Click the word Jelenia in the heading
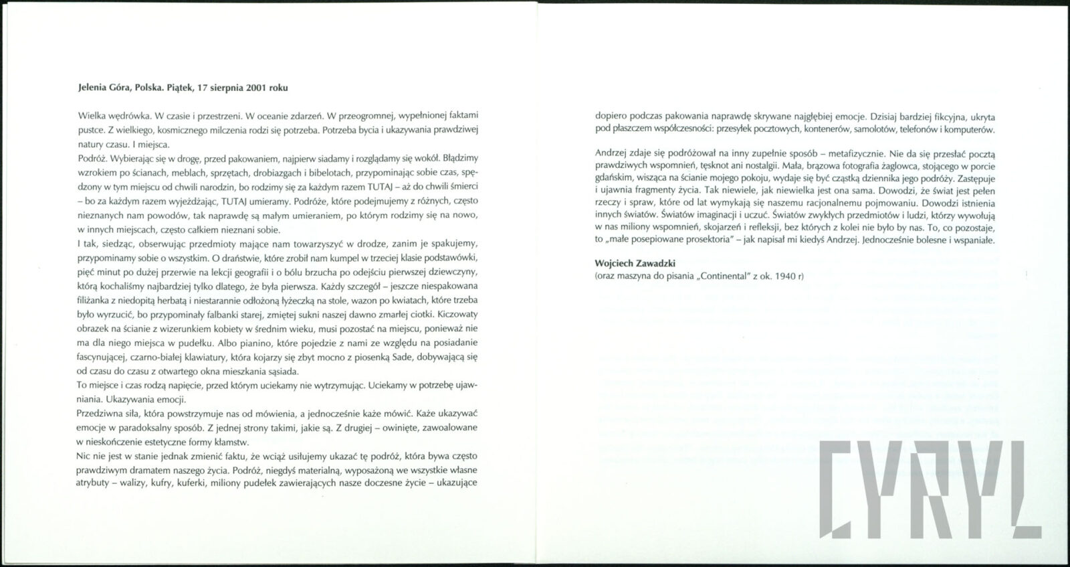92,88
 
